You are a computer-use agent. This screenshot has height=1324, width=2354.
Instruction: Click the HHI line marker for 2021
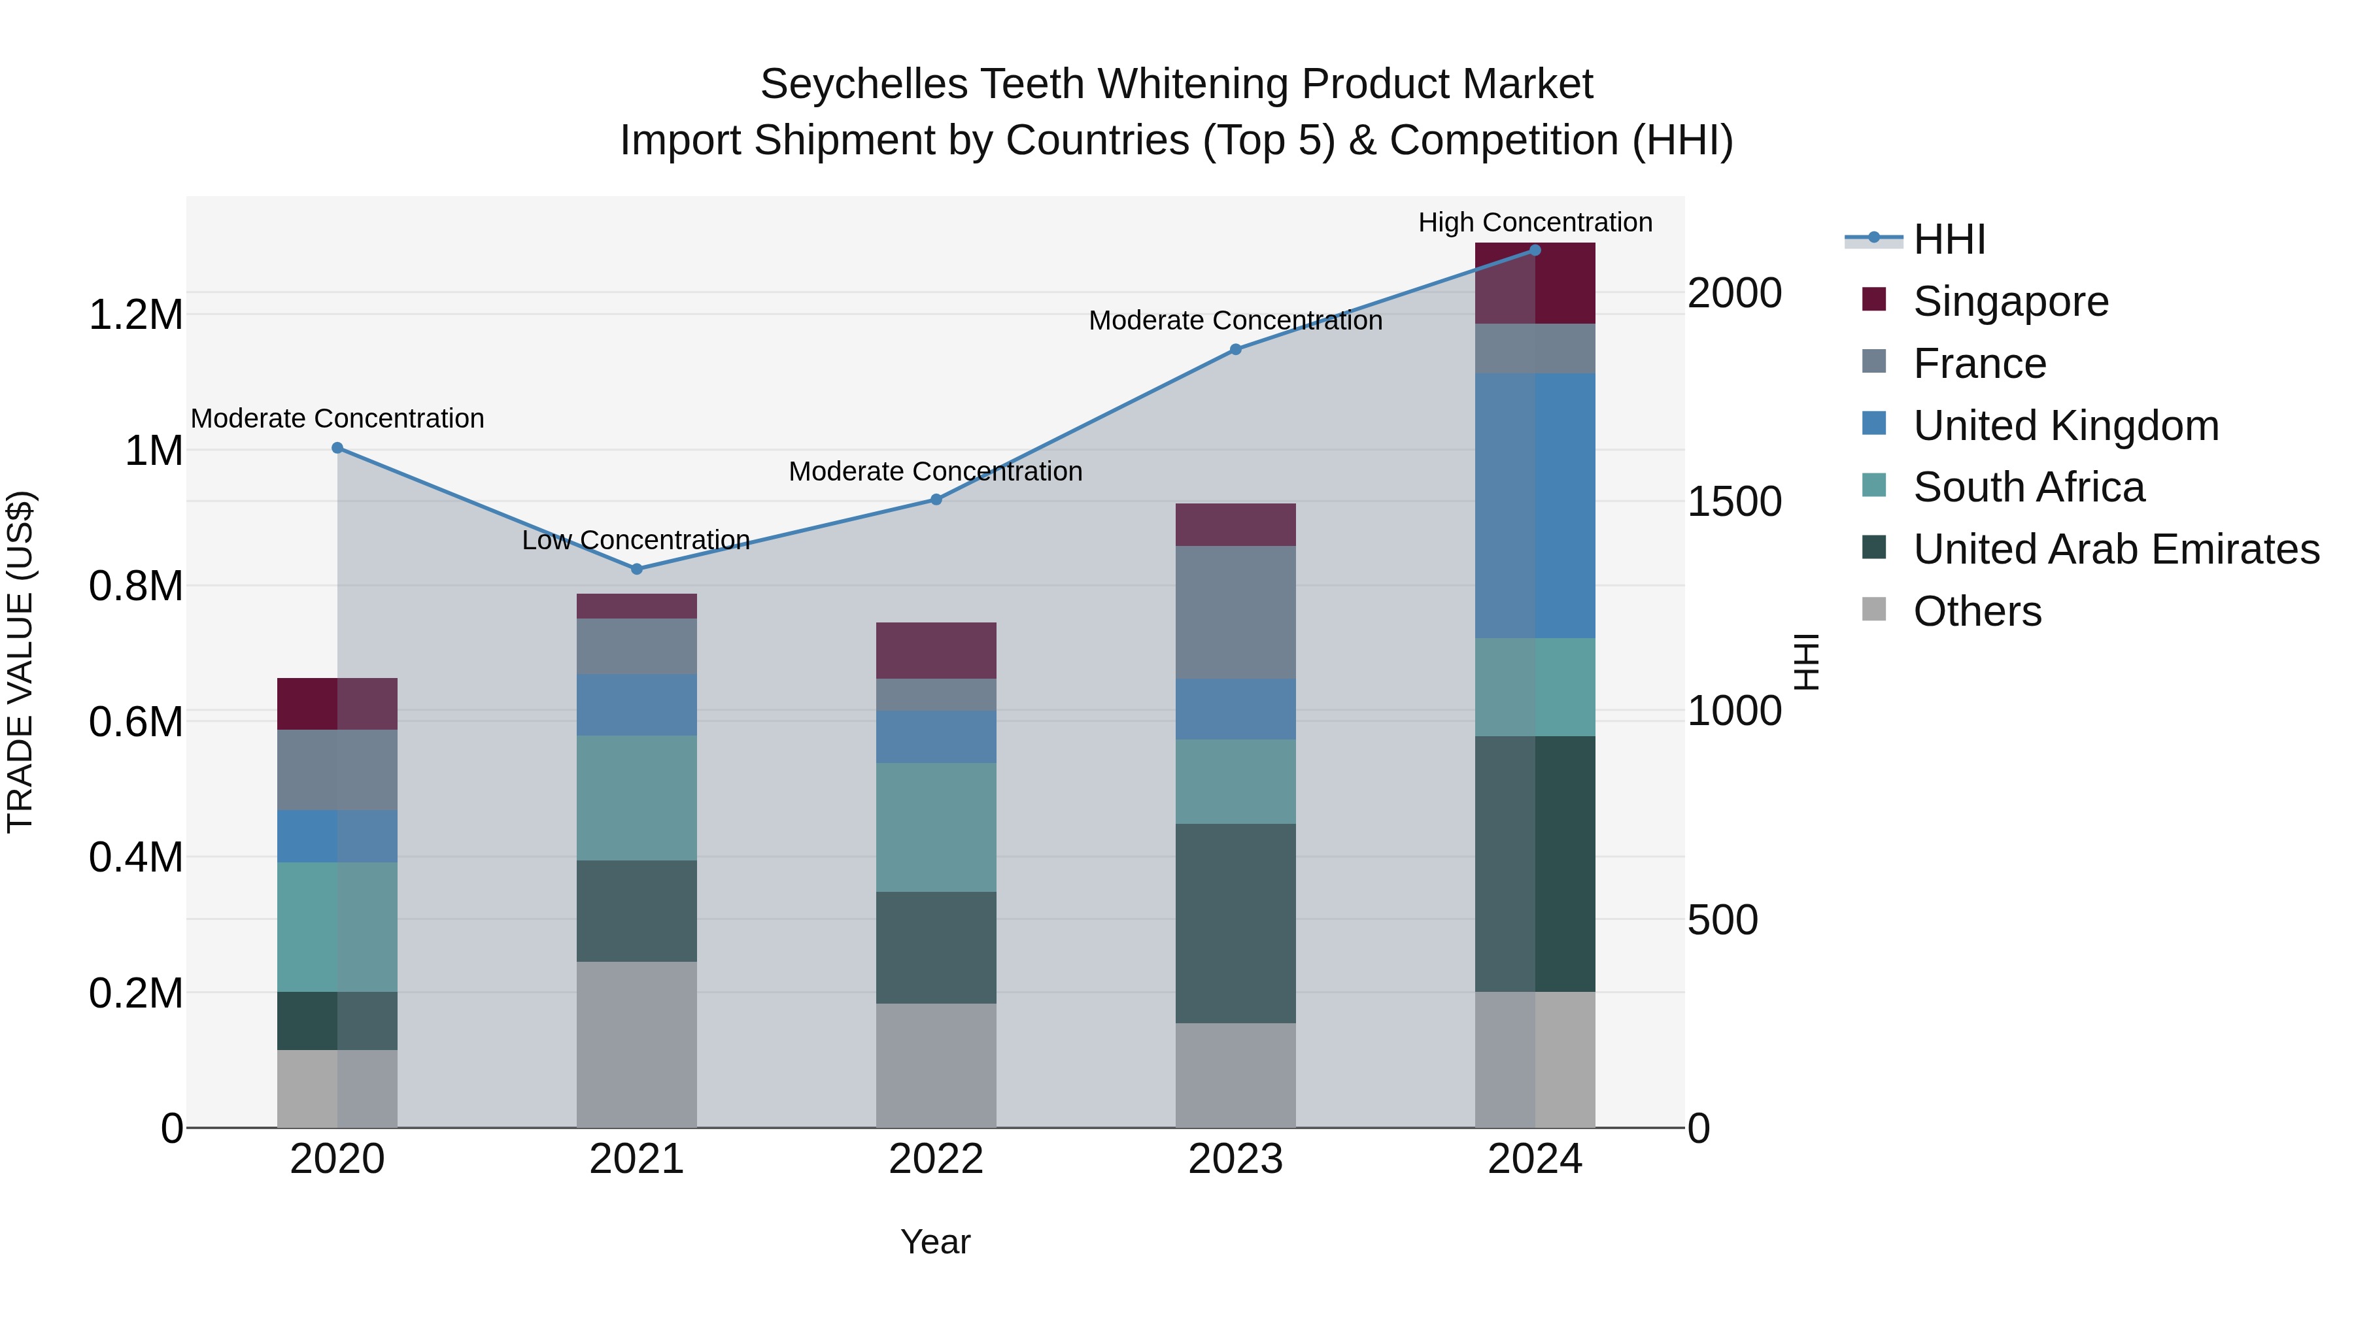(637, 568)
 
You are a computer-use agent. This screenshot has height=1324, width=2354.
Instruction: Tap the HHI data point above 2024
(1535, 250)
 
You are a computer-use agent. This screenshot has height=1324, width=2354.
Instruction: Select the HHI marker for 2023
(1235, 349)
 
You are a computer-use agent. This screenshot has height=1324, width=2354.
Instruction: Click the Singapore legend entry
(2011, 301)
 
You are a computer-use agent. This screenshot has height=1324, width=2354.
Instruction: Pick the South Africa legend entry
(2028, 487)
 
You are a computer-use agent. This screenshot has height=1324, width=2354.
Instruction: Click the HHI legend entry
(1949, 239)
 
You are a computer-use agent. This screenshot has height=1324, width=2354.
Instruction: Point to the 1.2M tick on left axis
(135, 315)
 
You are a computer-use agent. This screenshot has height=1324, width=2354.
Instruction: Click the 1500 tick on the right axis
(1733, 501)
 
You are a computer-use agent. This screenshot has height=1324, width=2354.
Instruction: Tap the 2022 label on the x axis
(936, 1159)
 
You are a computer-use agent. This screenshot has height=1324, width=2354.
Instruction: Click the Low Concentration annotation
(636, 540)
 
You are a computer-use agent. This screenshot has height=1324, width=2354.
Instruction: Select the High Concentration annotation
(1535, 223)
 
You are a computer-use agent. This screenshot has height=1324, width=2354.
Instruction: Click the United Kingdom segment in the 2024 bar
(1535, 505)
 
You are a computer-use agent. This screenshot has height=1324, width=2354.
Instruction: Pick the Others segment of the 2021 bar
(637, 1044)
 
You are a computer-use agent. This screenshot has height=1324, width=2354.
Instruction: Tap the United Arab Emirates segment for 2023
(1235, 923)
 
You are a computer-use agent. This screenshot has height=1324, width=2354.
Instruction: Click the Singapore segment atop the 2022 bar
(936, 650)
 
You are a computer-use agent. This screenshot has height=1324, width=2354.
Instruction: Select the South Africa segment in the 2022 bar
(936, 827)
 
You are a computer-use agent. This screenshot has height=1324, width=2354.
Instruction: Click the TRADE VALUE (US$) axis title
(20, 662)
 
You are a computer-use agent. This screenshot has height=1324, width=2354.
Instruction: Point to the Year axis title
(935, 1242)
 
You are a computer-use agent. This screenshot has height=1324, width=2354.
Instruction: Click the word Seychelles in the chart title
(864, 84)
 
